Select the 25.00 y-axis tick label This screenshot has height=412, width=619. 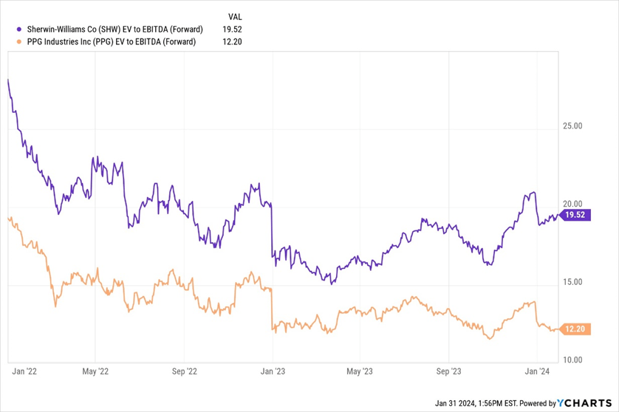pos(572,126)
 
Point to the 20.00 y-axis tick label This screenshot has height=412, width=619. pos(572,205)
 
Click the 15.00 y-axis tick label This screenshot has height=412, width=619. pos(572,282)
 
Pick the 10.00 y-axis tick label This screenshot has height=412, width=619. pos(572,360)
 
